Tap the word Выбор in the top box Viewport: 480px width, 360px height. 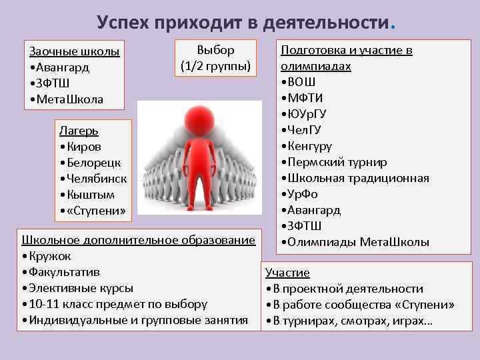click(215, 51)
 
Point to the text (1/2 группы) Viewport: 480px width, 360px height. click(215, 67)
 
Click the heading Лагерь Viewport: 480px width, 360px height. click(79, 131)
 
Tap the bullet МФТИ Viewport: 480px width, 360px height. click(307, 99)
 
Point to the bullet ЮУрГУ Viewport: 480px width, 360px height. click(307, 114)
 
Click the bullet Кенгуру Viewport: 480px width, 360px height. click(309, 146)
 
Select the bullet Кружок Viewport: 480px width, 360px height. click(49, 257)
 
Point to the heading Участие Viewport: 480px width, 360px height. click(287, 273)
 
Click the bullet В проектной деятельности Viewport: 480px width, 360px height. click(347, 289)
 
